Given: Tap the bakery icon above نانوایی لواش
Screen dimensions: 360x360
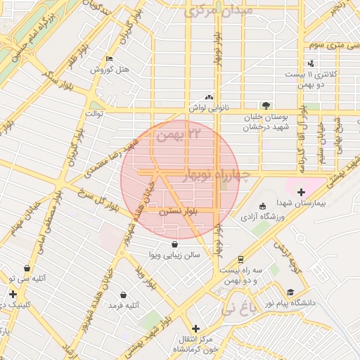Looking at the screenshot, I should tap(208, 97).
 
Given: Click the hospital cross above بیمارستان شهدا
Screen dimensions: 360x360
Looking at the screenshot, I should tap(301, 192).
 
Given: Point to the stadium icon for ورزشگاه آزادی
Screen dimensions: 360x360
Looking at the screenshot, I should tap(263, 206).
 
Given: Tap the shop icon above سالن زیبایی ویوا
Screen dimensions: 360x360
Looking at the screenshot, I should tap(174, 244).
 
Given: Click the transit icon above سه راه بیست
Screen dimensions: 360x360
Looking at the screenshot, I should tap(241, 259).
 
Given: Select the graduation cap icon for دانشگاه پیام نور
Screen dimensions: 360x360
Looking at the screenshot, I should tap(290, 292).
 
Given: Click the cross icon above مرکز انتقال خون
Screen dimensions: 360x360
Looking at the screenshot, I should tap(195, 328).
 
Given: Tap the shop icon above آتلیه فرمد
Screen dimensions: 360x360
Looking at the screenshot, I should tap(124, 295).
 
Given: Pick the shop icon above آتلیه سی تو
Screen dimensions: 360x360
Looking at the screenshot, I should tap(27, 268).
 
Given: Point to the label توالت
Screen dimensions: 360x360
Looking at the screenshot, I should tap(94, 112).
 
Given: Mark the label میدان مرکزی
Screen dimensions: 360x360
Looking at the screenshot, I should tap(208, 13).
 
